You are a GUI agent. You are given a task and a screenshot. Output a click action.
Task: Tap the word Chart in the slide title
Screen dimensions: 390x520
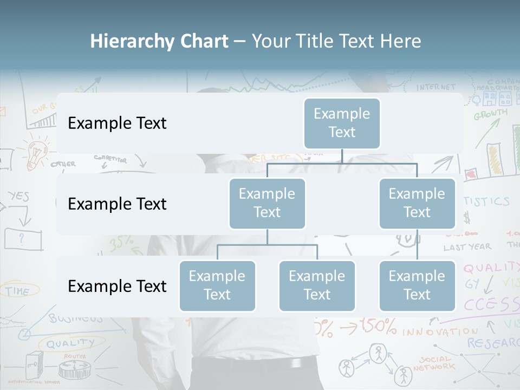[205, 41]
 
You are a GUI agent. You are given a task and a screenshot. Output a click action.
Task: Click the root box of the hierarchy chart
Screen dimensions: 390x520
[342, 123]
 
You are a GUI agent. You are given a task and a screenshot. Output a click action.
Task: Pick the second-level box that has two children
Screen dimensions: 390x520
[267, 203]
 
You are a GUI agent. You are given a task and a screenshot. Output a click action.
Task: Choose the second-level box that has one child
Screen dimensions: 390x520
[417, 203]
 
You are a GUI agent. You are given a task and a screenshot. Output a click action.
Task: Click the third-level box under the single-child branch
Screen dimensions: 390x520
[417, 285]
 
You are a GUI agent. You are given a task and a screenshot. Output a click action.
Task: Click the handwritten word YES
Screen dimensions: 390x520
[18, 196]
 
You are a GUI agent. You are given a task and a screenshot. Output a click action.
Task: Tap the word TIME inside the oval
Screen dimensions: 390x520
[17, 291]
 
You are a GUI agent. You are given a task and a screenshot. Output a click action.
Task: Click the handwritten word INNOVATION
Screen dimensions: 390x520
[440, 330]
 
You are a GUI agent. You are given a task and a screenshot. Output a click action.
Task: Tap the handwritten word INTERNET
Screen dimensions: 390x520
[436, 87]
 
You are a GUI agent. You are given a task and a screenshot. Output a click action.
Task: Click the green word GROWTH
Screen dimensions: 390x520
[491, 114]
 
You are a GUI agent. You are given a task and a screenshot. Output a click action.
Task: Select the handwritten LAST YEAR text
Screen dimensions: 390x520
[467, 247]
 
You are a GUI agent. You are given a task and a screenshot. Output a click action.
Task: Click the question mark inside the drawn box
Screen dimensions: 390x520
[22, 238]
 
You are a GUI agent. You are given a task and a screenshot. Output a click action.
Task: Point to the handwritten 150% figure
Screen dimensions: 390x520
[378, 327]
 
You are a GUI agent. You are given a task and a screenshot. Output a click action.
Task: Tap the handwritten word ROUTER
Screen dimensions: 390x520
[75, 356]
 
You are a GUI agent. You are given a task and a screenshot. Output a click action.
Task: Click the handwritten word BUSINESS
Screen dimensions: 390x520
[76, 318]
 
